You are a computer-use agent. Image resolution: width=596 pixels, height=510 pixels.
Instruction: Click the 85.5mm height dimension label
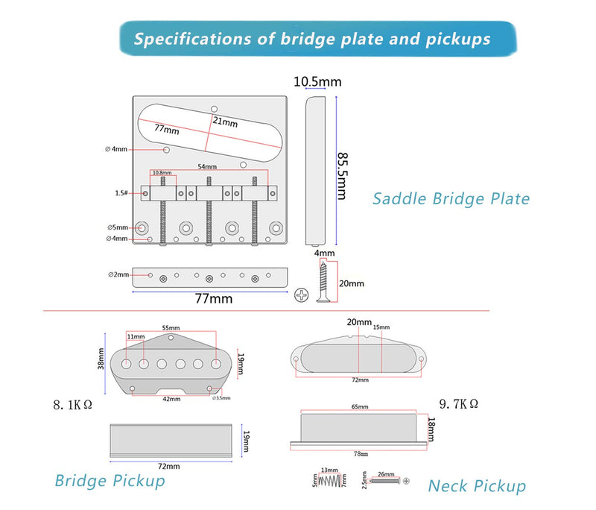pos(343,176)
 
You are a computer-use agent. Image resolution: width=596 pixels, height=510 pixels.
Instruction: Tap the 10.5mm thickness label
pos(317,81)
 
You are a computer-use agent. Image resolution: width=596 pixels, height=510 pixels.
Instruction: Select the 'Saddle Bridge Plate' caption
pos(451,198)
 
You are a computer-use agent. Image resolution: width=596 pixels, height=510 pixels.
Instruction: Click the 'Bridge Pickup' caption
pos(110,480)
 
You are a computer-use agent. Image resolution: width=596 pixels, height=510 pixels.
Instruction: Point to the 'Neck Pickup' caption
pos(477,486)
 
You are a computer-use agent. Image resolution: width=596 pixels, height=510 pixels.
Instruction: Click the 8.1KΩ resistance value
pos(72,406)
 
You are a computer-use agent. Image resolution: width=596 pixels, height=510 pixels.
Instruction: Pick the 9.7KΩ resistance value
pos(458,403)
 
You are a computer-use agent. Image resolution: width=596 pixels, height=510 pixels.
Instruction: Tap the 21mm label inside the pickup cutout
pos(221,121)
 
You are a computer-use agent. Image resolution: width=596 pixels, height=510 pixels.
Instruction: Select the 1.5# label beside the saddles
pos(122,193)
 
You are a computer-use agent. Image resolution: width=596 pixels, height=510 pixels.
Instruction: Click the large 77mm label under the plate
pos(213,298)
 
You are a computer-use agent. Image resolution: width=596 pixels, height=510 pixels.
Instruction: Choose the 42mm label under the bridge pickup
pos(172,399)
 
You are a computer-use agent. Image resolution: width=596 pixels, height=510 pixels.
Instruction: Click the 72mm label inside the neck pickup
pos(360,380)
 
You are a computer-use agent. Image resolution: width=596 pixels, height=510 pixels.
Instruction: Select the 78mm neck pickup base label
pos(360,453)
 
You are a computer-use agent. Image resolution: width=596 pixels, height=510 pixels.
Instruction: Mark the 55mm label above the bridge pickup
pos(171,327)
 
